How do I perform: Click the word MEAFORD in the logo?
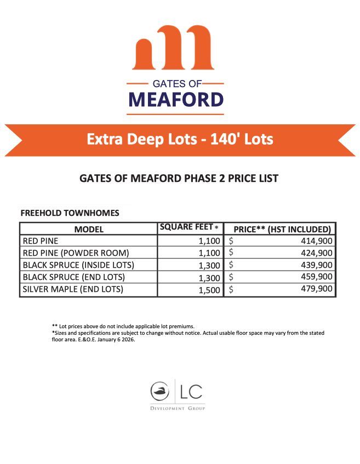tap(176, 100)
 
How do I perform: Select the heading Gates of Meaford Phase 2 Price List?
tap(179, 179)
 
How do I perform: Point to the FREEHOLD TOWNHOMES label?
tap(69, 213)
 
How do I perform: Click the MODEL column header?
tap(89, 229)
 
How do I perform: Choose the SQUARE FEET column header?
tap(188, 227)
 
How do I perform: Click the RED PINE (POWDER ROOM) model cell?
tap(76, 253)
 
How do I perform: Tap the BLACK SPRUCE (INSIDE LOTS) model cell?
tap(78, 265)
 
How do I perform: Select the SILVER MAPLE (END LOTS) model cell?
tap(73, 289)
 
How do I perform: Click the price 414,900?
tap(316, 240)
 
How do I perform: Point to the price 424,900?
tap(316, 253)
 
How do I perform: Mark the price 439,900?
tap(316, 265)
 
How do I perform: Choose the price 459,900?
tap(316, 277)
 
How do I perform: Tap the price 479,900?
tap(316, 289)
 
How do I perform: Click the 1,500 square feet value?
tap(209, 290)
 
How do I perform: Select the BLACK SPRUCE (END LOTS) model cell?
tap(74, 277)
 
